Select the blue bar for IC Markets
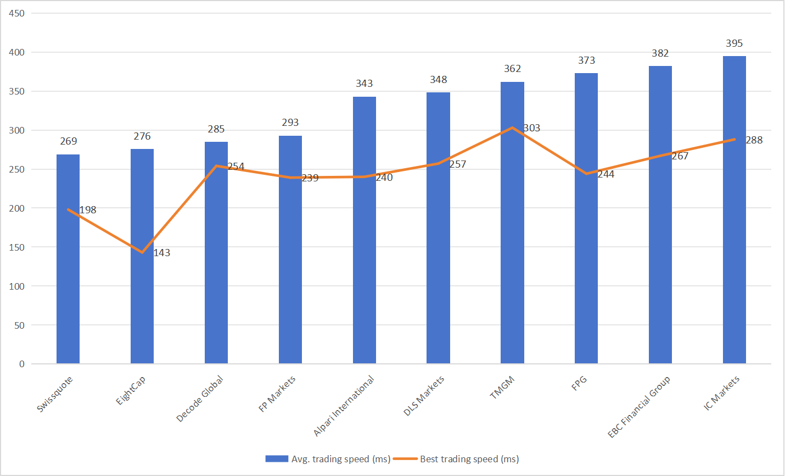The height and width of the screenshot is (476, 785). point(734,220)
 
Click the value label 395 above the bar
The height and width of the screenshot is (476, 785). point(734,43)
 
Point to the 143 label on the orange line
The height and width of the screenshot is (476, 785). point(161,253)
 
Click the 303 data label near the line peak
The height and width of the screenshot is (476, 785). point(531,128)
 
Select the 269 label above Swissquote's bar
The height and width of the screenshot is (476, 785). point(69,141)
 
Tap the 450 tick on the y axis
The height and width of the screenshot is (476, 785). point(17,13)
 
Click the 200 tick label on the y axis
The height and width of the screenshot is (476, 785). point(17,208)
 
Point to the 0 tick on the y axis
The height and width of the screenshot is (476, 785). point(22,364)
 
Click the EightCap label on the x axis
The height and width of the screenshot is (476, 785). point(131,391)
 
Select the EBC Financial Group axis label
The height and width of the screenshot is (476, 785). point(639,407)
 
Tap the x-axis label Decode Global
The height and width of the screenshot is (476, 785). point(200,398)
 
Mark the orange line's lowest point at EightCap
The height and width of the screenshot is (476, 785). point(142,252)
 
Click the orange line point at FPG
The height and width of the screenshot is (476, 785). point(586,174)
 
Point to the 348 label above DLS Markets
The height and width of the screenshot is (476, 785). point(438,80)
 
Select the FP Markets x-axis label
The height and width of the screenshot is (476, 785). point(277,394)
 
